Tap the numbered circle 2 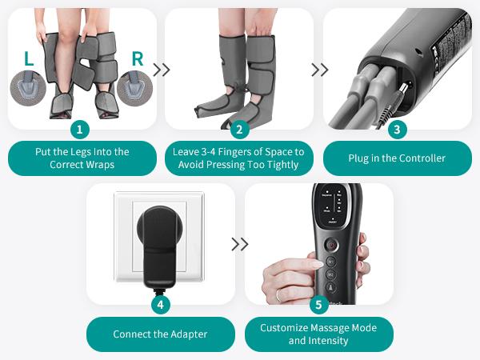click(238, 129)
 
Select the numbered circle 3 click(397, 129)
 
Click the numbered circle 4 click(160, 304)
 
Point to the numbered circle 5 click(319, 304)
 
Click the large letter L click(30, 58)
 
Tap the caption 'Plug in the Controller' click(397, 158)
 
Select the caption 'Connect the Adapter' click(160, 334)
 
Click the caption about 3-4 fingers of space click(238, 158)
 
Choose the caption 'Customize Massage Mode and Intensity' click(319, 334)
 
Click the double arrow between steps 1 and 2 click(161, 70)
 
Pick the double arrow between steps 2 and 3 click(319, 70)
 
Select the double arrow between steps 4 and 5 click(239, 244)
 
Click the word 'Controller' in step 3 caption click(420, 158)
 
